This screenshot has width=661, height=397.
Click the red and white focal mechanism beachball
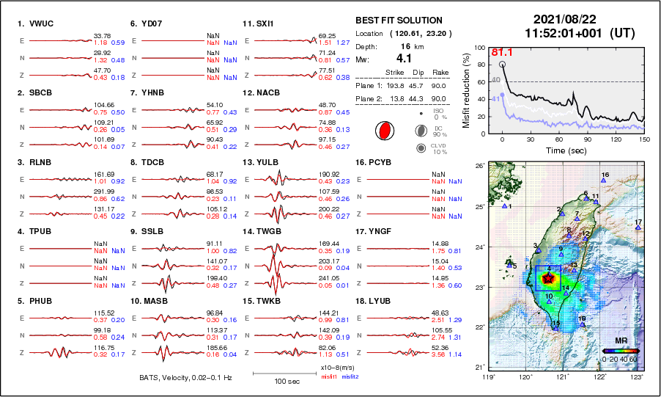(383, 131)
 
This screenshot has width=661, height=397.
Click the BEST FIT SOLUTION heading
(399, 21)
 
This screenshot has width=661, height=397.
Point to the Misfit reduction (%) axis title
(466, 90)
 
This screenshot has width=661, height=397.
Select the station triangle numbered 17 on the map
(638, 227)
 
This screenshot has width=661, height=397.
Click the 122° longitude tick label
(600, 376)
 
